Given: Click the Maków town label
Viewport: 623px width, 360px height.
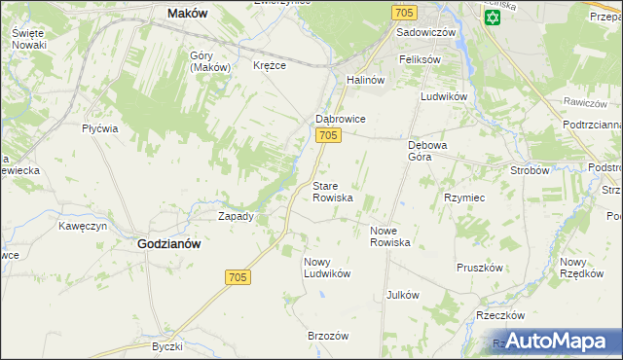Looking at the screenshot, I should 189,14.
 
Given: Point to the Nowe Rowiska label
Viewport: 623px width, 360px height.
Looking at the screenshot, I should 390,236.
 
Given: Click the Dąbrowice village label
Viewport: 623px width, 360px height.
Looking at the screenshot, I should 339,119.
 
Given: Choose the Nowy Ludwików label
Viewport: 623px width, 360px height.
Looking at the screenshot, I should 326,268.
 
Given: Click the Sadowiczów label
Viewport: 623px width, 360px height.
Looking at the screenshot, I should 426,32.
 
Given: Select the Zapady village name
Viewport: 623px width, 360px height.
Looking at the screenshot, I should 237,216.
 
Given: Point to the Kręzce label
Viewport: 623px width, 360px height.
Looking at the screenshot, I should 269,65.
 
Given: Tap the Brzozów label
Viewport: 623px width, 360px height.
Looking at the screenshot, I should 328,335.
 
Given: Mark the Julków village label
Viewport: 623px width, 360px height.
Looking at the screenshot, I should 402,295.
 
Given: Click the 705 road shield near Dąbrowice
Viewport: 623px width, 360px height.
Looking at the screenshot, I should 328,136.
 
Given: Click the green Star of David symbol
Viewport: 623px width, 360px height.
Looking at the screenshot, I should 492,18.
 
